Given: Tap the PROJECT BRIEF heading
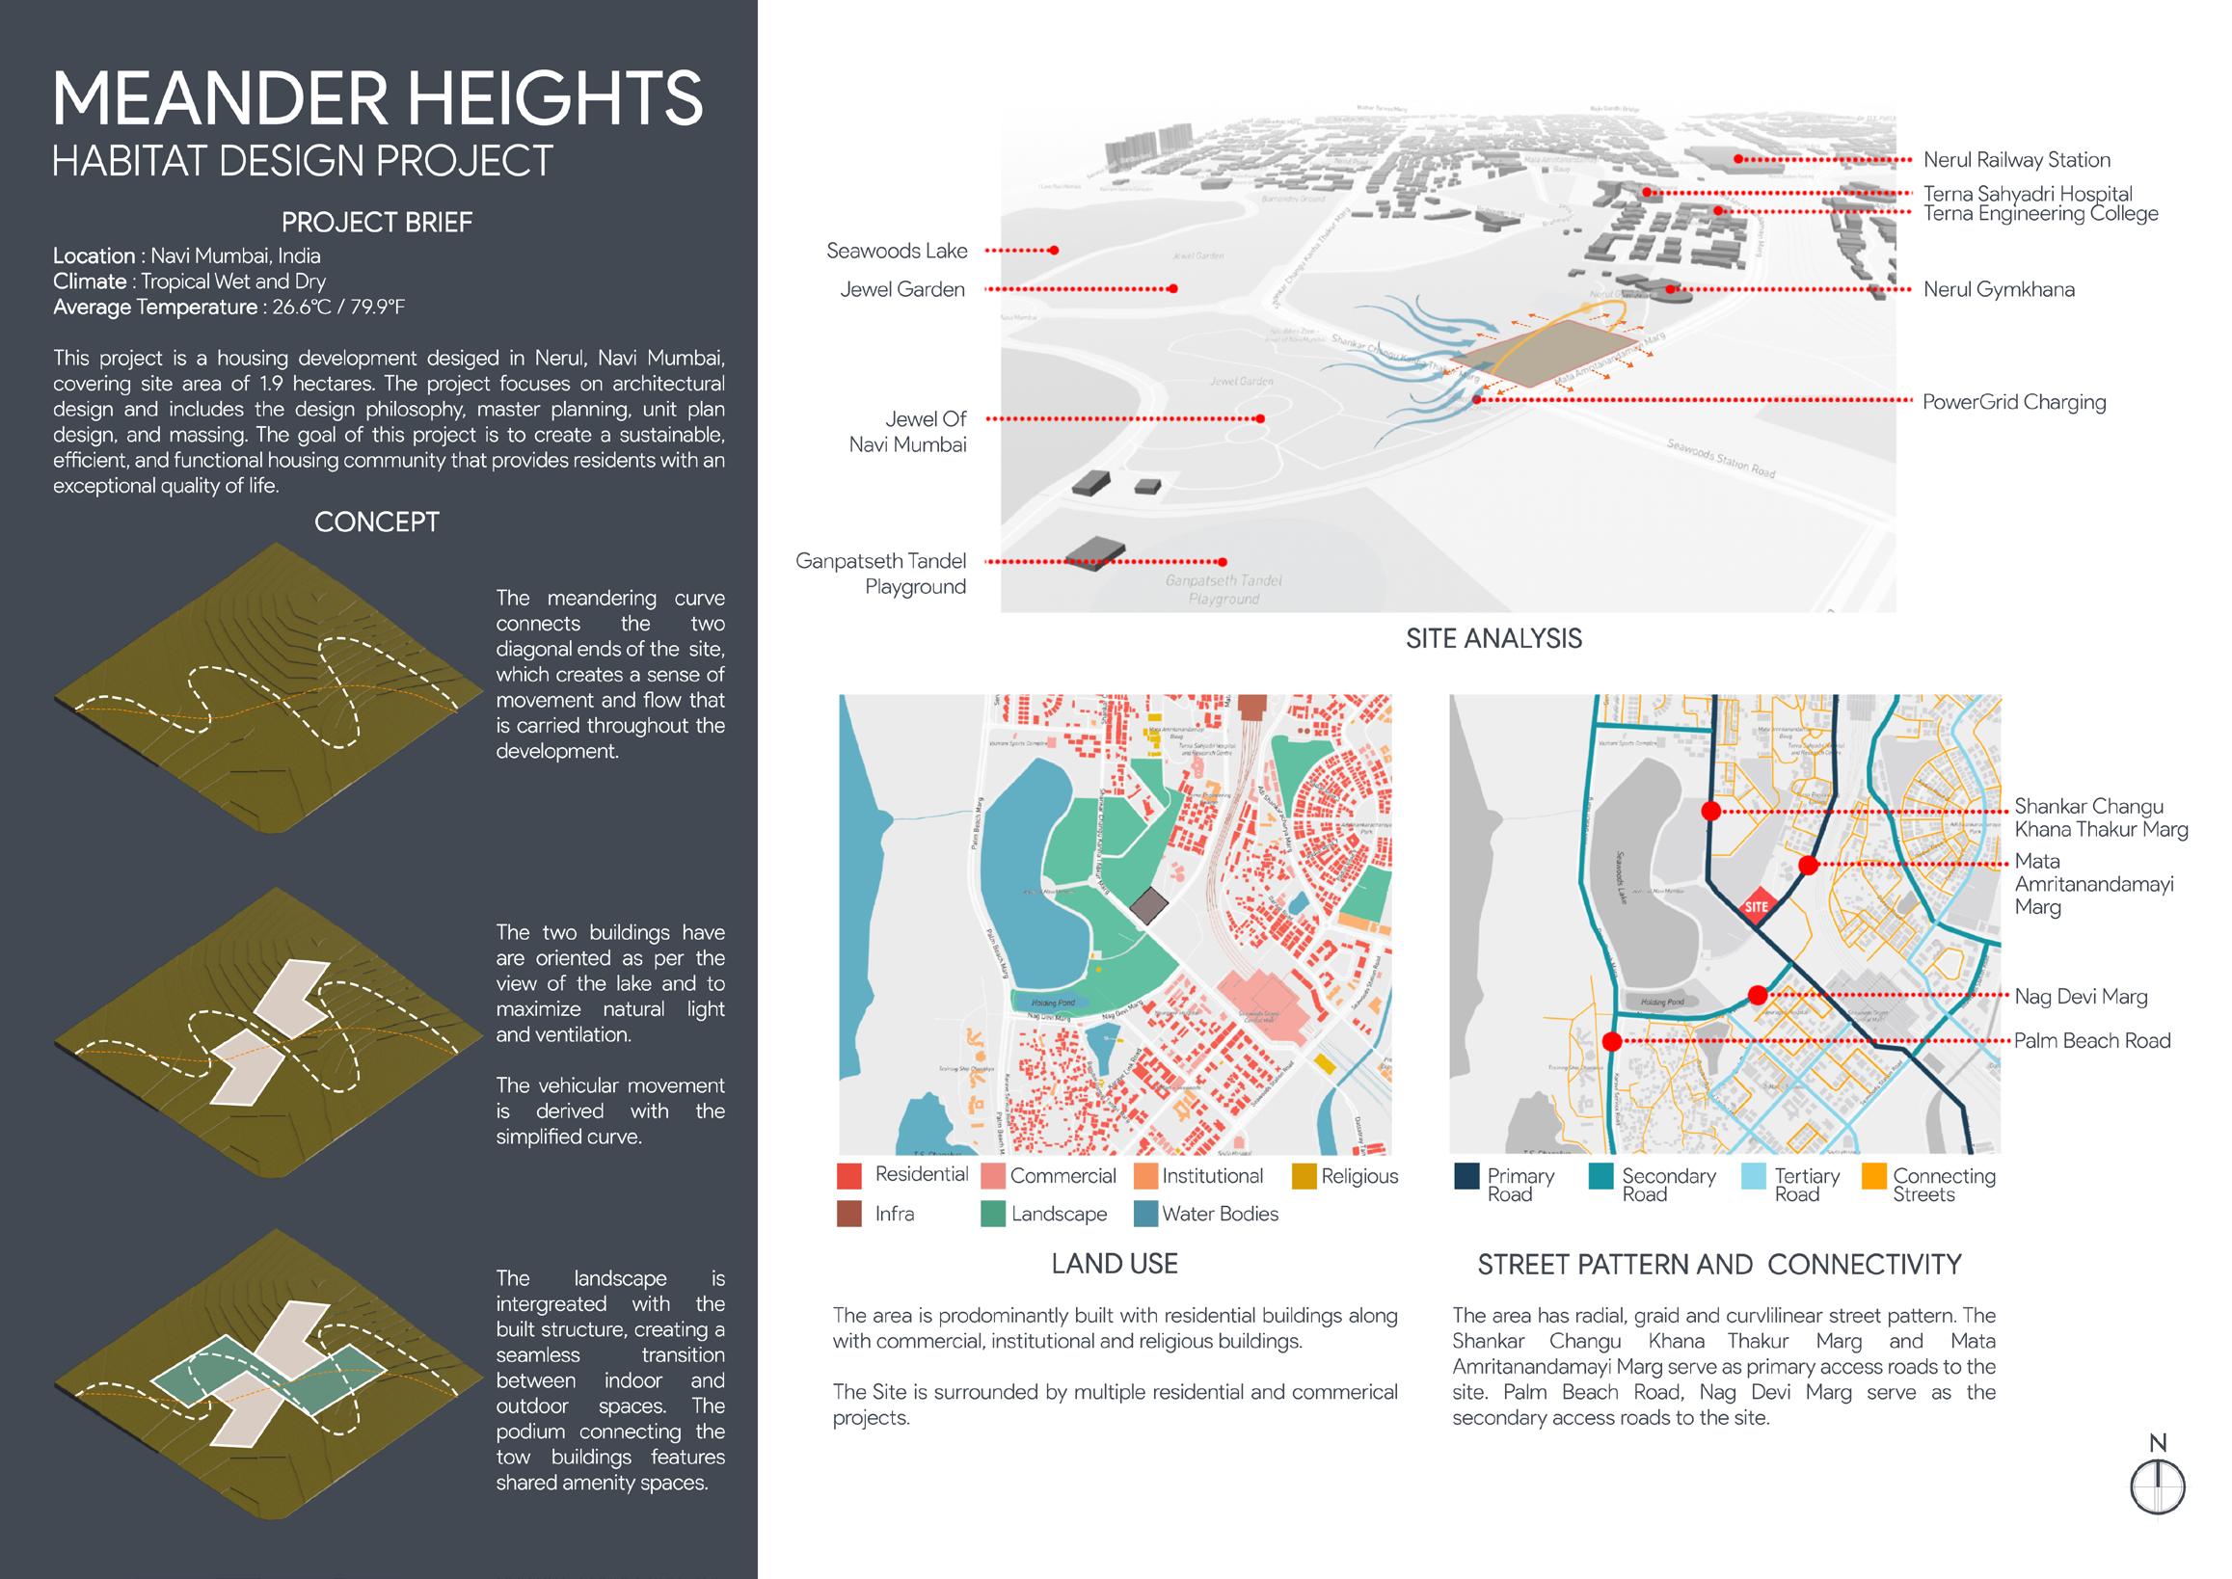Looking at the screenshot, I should point(376,223).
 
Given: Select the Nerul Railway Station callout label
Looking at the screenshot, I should point(2016,160).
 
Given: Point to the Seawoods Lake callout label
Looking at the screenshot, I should point(897,251).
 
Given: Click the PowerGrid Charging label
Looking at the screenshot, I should point(2013,403).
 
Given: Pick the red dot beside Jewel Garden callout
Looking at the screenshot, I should point(1173,289).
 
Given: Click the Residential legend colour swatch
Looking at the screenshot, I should point(849,1176).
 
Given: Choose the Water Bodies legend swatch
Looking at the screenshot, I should point(1146,1215).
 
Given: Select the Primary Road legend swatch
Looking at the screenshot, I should point(1466,1176).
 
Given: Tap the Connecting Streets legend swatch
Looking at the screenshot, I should point(1873,1176).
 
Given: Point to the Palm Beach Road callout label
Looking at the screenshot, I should point(2092,1041).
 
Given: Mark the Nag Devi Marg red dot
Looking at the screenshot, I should point(1758,995).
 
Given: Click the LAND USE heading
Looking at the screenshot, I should point(1115,1264).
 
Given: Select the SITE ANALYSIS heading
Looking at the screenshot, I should point(1493,639).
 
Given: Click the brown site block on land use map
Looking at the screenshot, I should point(1147,905).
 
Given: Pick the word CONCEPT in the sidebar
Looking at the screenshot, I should point(376,522).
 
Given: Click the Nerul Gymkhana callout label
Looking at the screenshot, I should point(1999,290).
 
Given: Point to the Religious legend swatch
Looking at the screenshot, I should point(1304,1176).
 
